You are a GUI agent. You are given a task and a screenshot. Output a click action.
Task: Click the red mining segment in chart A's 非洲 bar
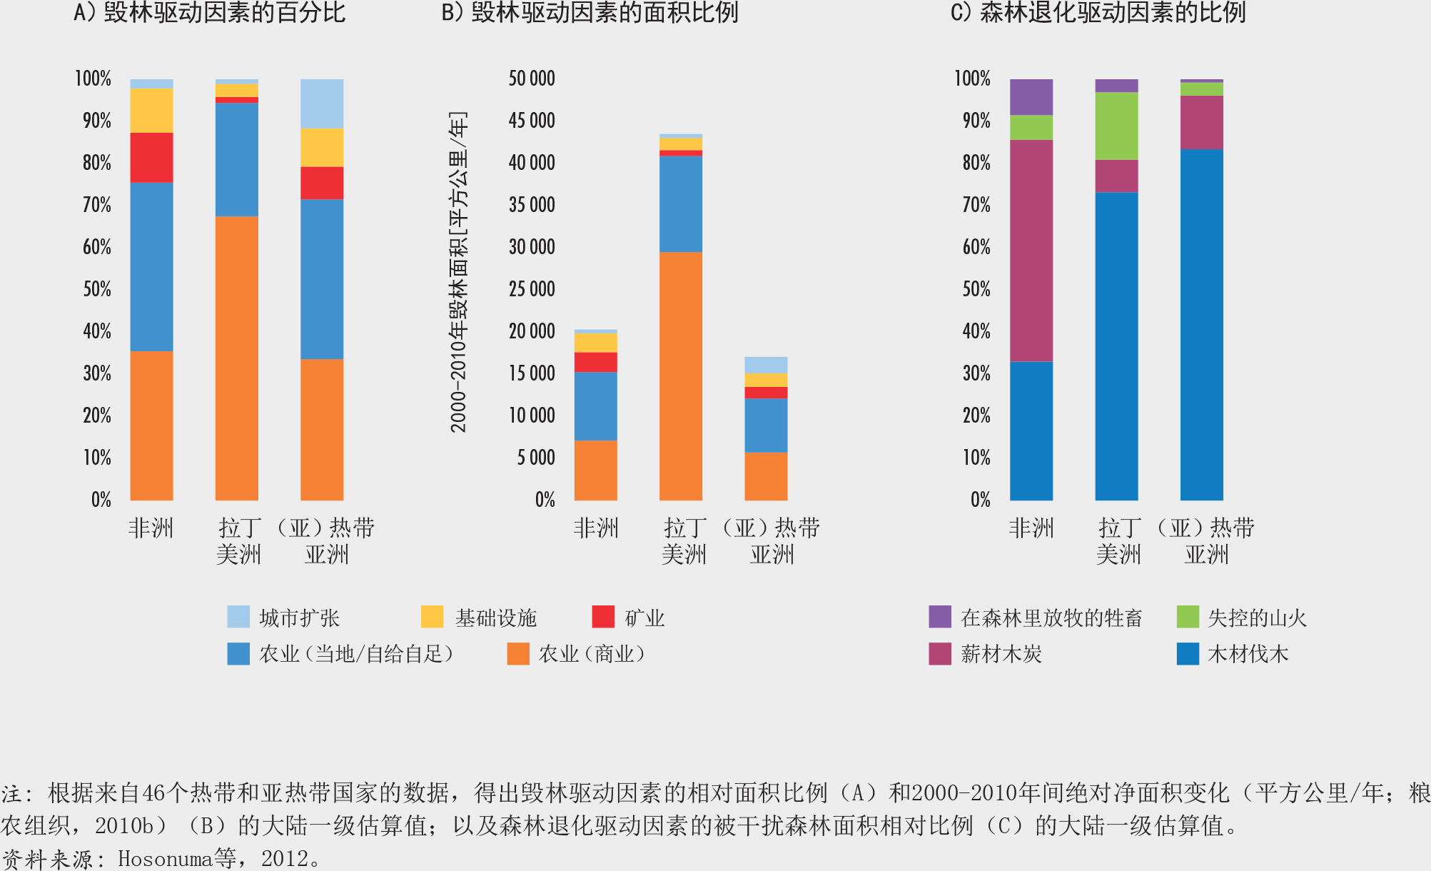[151, 157]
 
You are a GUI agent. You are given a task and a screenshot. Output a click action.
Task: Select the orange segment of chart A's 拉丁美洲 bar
[237, 357]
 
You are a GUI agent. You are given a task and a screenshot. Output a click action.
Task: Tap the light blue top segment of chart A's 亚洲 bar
[322, 104]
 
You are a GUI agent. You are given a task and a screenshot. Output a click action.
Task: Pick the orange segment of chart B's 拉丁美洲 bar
[681, 376]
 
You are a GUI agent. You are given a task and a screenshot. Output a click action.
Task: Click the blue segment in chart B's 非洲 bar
[596, 406]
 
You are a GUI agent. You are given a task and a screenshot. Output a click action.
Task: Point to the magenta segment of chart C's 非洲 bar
[1031, 250]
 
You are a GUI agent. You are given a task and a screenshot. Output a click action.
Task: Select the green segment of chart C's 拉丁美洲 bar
[1116, 126]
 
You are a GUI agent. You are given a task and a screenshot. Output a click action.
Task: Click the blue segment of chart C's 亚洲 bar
[1202, 324]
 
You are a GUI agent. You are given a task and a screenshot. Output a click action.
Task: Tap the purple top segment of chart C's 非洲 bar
[1031, 96]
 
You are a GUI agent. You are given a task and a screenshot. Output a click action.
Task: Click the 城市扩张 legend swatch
[238, 617]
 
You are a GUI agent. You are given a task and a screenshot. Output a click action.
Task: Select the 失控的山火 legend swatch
[1188, 617]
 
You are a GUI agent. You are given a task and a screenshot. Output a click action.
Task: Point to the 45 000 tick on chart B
[532, 121]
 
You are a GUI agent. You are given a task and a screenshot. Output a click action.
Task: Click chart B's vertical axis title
[458, 271]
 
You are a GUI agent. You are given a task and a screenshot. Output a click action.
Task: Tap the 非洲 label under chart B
[596, 528]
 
